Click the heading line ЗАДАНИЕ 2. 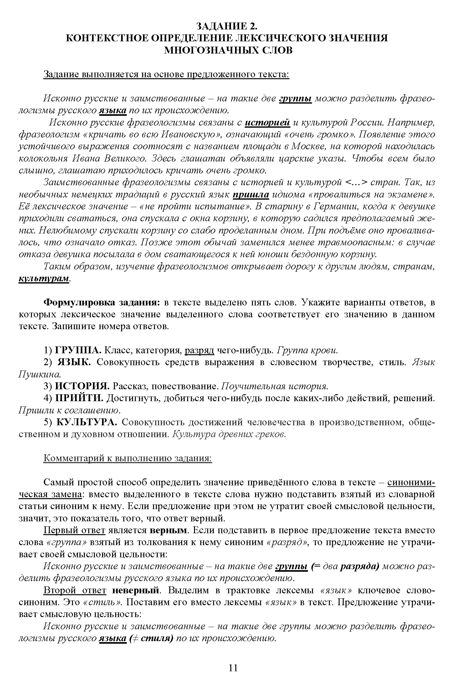228,26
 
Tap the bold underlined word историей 267,123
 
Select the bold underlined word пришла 251,194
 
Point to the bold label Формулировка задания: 102,303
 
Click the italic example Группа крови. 308,350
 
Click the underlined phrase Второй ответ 75,590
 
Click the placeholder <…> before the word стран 356,182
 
